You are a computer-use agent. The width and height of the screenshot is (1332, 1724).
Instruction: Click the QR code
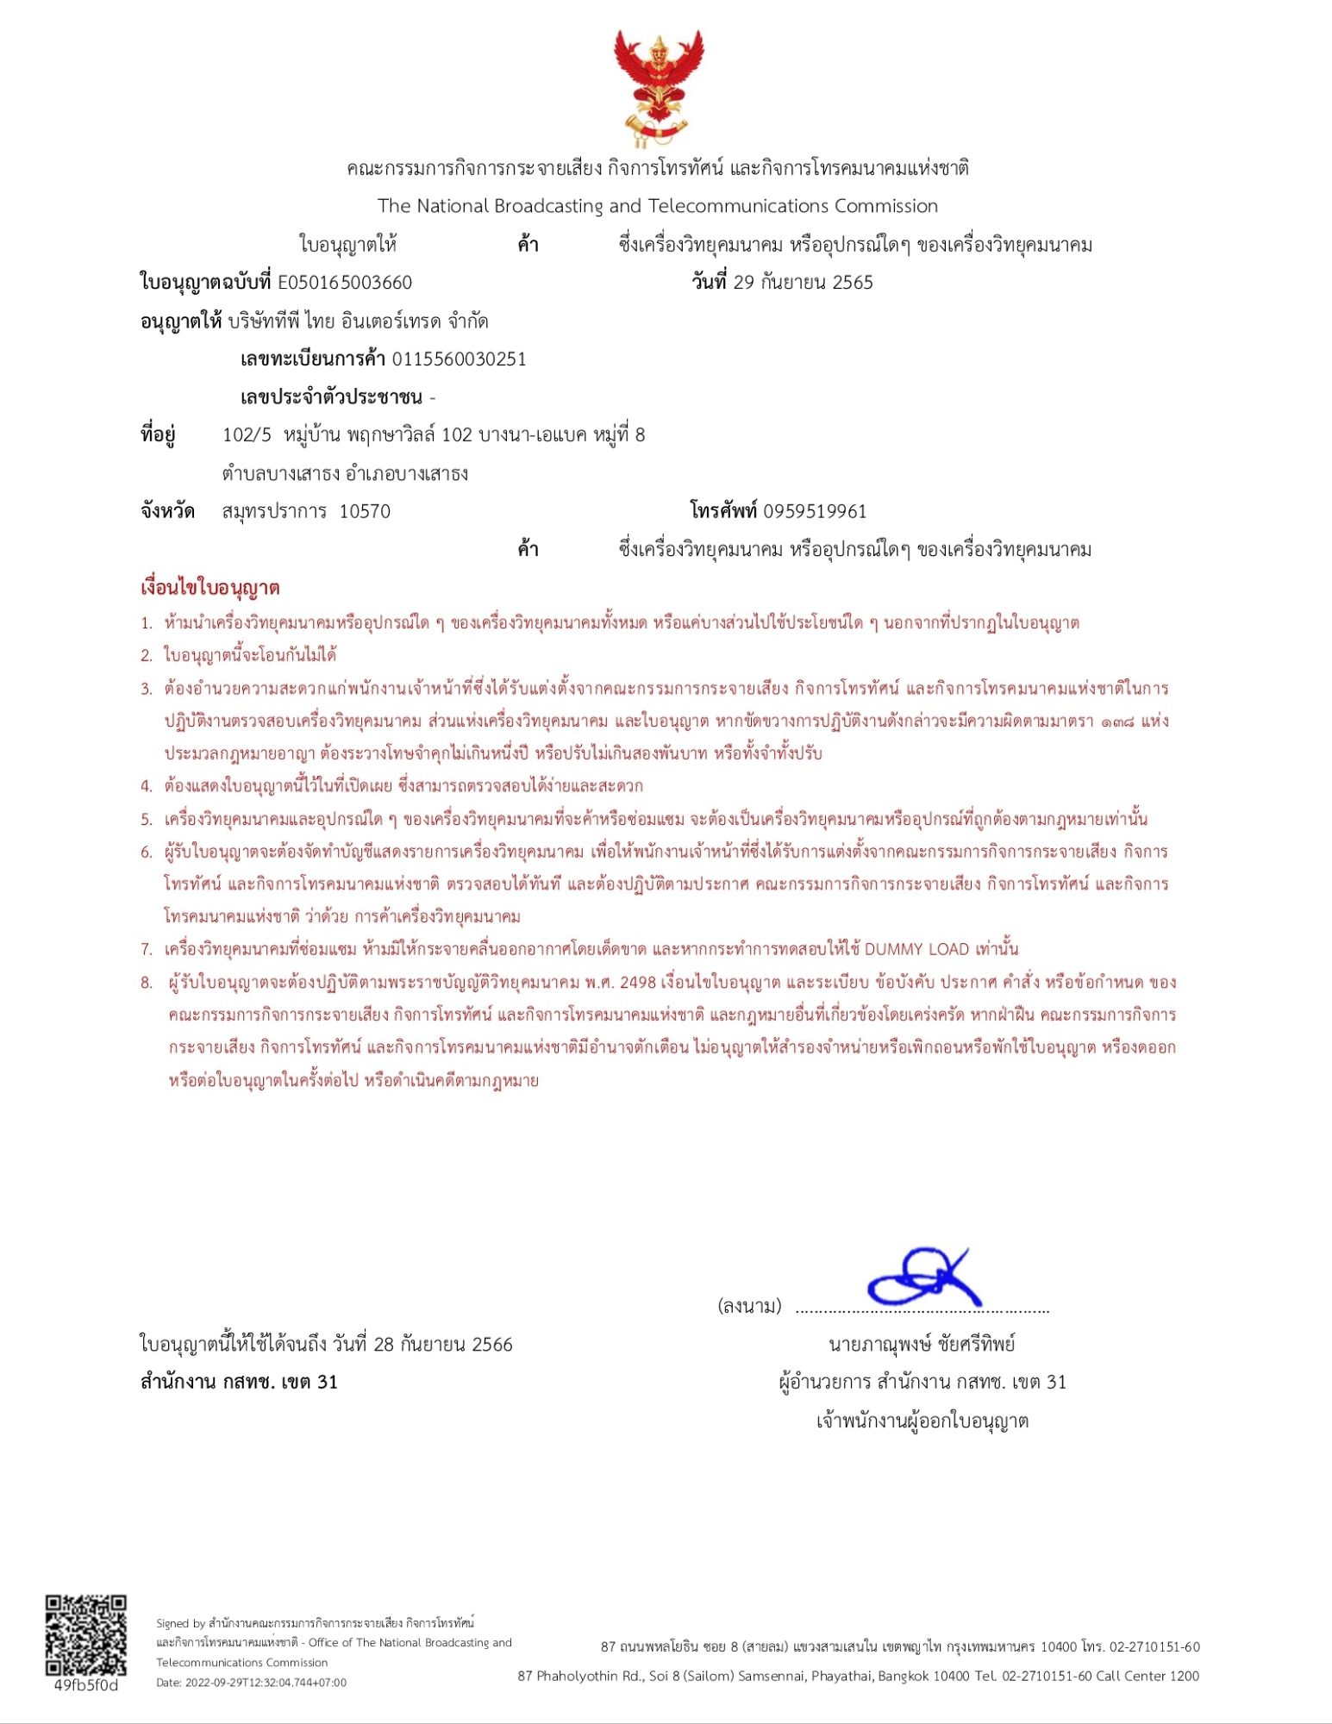coord(85,1635)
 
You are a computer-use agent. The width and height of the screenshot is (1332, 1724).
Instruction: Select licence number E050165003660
coord(345,283)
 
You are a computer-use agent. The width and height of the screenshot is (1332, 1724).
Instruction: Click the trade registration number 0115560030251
coord(459,359)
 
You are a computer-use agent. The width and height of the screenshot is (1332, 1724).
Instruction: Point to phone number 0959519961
coord(815,511)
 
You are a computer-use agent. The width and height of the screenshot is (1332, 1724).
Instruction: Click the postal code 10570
coord(365,511)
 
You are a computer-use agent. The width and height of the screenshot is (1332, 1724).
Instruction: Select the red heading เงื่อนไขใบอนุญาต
coord(209,588)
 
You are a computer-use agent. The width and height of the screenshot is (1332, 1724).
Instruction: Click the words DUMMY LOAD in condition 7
coord(916,949)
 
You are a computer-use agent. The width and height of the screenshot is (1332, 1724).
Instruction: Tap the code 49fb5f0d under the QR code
coord(85,1685)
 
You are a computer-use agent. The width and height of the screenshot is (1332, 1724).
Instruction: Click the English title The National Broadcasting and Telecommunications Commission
coord(657,206)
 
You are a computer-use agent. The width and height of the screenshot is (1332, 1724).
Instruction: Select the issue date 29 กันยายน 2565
coord(803,283)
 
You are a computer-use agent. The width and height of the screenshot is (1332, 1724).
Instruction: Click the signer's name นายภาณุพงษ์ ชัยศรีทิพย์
coord(922,1344)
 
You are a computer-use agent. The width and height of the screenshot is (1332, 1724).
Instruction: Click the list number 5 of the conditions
coord(147,819)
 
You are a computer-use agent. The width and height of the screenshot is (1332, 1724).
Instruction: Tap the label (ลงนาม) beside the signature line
coord(749,1306)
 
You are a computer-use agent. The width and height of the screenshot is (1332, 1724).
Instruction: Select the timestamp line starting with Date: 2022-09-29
coord(251,1683)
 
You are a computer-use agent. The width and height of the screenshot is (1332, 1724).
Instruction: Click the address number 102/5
coord(247,434)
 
